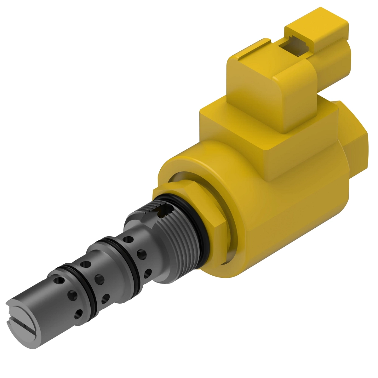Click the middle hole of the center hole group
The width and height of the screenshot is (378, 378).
click(100, 278)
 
